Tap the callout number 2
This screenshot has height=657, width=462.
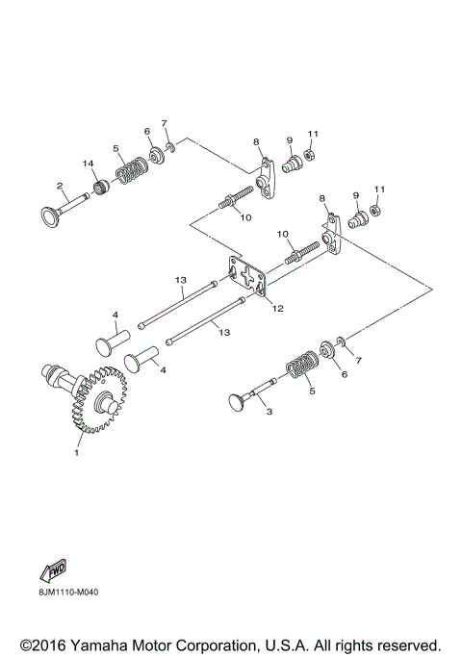click(60, 186)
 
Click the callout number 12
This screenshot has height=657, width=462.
click(276, 309)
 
